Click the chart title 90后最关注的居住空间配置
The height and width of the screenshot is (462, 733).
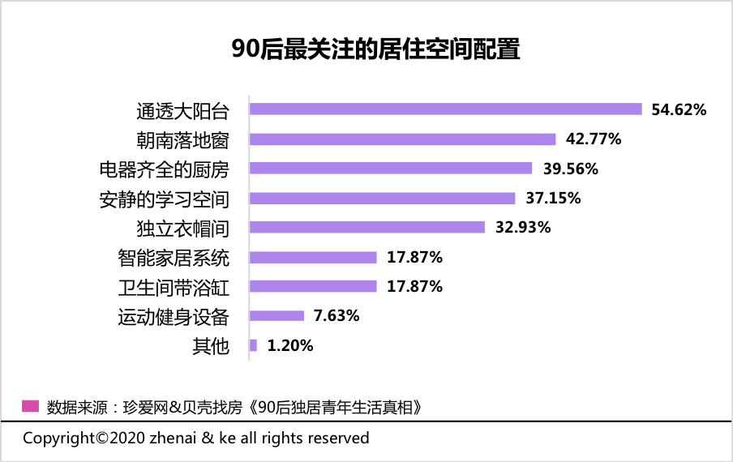pos(375,49)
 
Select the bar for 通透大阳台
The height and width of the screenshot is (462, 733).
pos(445,109)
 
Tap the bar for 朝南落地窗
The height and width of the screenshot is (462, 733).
pos(402,139)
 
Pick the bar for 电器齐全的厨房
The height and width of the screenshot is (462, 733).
pos(391,169)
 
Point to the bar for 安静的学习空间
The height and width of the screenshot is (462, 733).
pos(382,199)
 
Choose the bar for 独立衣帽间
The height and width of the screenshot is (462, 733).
pos(366,228)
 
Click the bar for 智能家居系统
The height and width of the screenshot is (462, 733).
pos(313,258)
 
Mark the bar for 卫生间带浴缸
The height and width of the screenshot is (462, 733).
pos(313,287)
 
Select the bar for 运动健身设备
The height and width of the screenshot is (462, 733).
pos(276,316)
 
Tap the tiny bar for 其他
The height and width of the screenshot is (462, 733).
pos(254,345)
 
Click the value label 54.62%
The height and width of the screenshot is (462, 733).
pos(679,109)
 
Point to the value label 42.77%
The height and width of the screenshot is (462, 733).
pos(594,139)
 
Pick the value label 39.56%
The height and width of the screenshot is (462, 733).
pos(570,169)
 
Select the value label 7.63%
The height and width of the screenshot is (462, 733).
pos(336,316)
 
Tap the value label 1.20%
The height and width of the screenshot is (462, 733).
pos(290,345)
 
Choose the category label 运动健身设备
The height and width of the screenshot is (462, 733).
pos(174,316)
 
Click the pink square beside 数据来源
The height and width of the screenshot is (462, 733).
pos(30,405)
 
